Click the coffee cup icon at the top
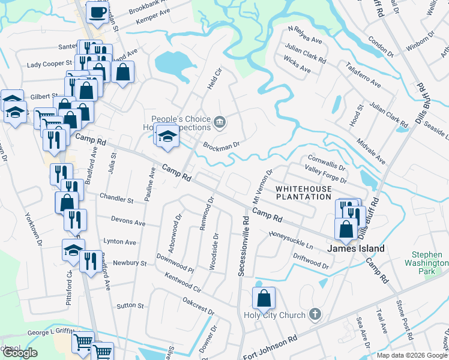tap(97, 12)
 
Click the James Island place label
tap(355, 248)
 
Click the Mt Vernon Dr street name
tap(261, 184)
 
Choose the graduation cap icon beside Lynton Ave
tap(73, 250)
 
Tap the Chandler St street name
tap(116, 199)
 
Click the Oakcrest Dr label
tap(198, 305)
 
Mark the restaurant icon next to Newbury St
tap(90, 261)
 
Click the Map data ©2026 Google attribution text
tap(412, 355)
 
